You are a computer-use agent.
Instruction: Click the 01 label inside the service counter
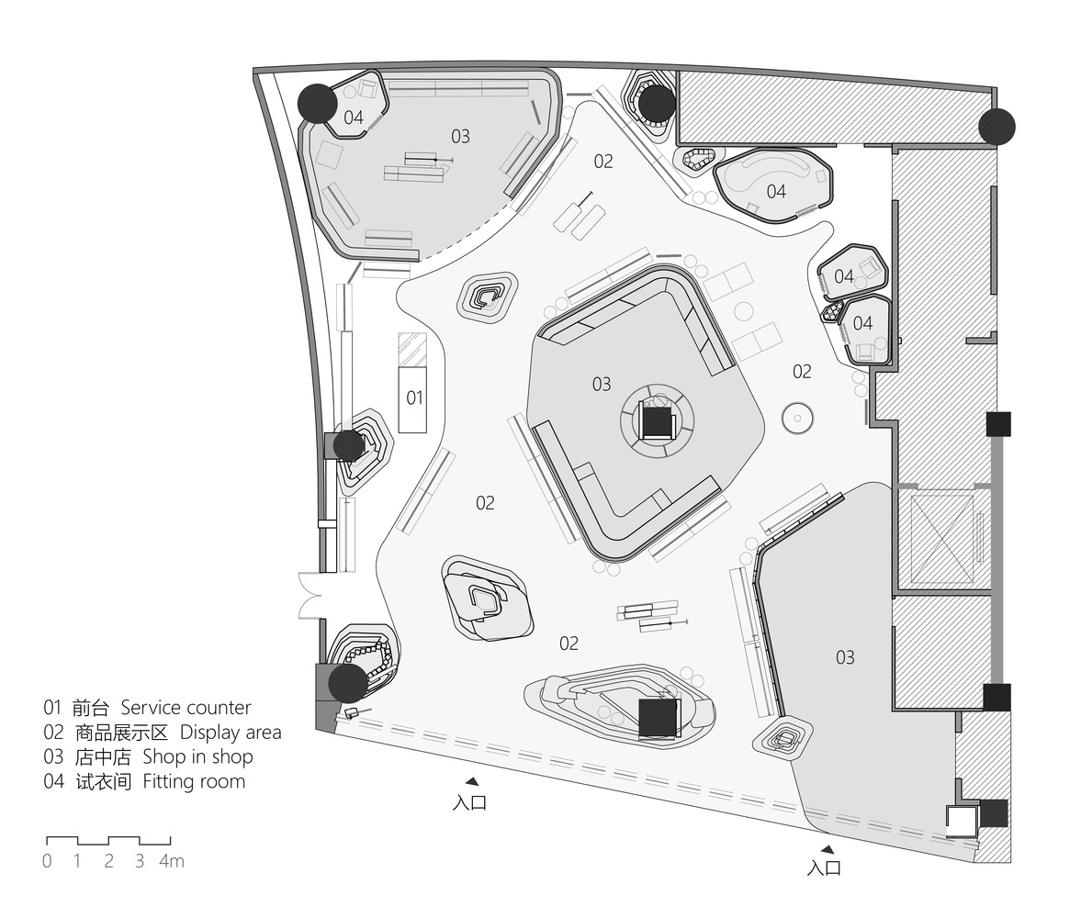coord(414,397)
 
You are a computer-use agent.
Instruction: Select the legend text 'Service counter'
coord(186,708)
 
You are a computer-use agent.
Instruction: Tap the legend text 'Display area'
coord(231,733)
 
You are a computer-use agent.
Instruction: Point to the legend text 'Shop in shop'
coord(197,756)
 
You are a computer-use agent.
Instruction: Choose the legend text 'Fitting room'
coord(194,781)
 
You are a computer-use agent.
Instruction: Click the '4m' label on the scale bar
coord(172,861)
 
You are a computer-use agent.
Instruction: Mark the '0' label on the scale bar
coord(47,861)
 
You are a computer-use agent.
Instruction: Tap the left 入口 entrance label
coord(470,802)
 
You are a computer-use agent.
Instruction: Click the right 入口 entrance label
coord(825,868)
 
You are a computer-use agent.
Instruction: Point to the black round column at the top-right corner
coord(997,126)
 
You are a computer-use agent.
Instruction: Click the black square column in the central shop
coord(658,422)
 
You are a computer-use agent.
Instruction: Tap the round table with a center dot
coord(797,419)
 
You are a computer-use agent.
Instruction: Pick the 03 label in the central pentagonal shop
coord(602,384)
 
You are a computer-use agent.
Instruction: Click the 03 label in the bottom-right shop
coord(845,657)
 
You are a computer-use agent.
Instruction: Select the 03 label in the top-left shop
coord(460,137)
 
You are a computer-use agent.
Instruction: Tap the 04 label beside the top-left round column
coord(354,118)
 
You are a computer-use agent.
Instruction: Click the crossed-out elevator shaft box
coord(941,539)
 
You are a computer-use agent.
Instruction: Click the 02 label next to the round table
coord(802,372)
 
